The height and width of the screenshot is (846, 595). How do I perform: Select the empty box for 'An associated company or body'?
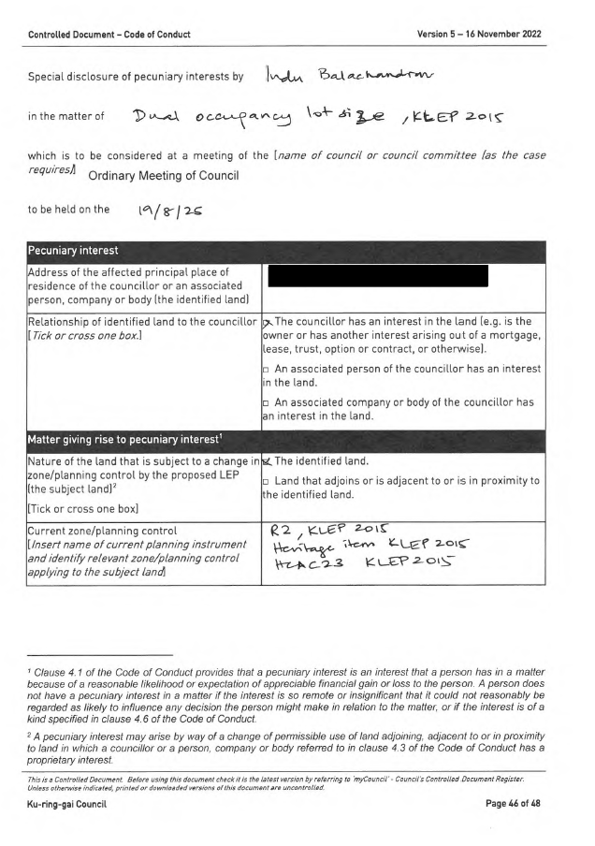[x=267, y=402]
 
